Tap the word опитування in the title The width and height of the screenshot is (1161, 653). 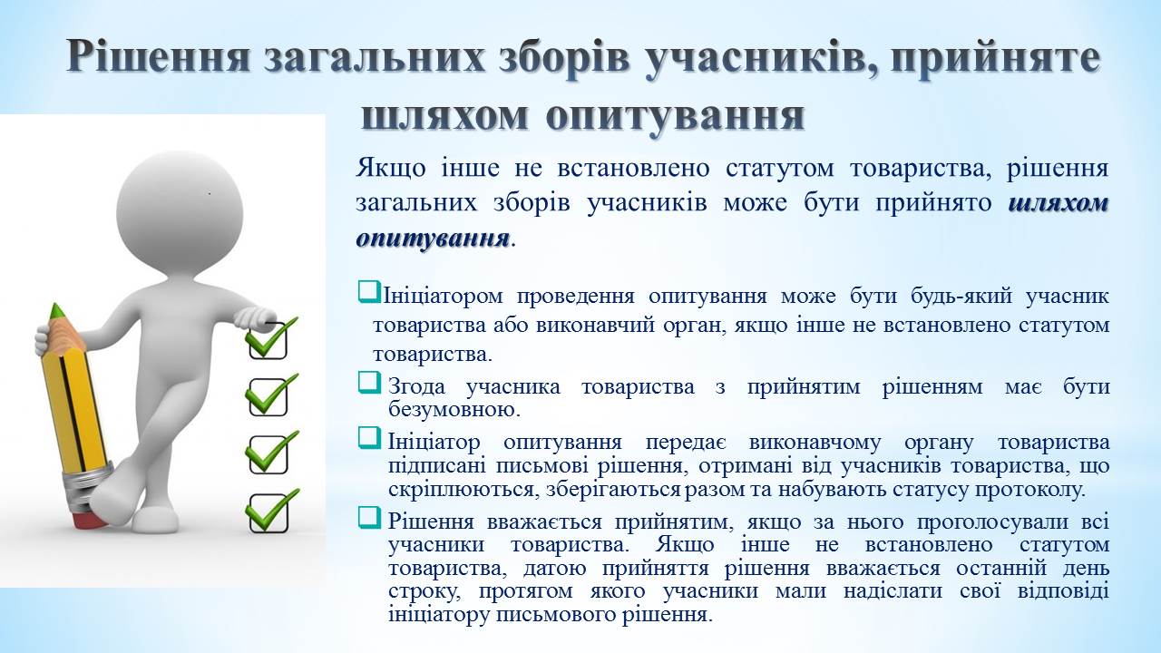pos(675,117)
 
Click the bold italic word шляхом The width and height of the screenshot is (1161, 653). pos(1059,204)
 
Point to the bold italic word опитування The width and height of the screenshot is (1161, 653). pos(433,239)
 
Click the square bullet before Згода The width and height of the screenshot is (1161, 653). pos(369,383)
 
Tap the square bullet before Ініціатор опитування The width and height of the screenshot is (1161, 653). pos(369,438)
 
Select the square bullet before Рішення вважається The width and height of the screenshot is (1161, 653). pos(369,518)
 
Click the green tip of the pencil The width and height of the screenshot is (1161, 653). pos(56,310)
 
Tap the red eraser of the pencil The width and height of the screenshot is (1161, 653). pos(89,521)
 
